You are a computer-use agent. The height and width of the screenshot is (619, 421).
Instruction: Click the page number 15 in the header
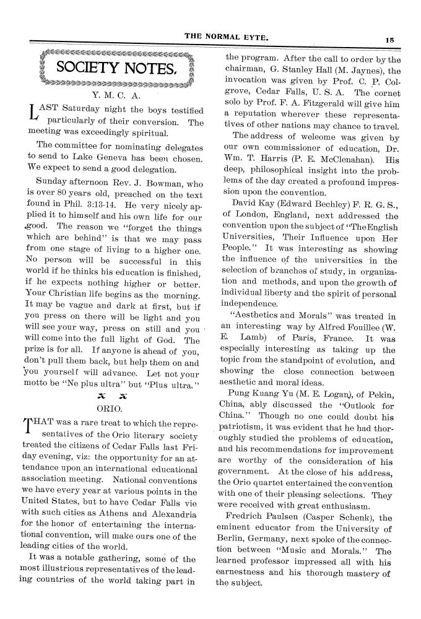coord(389,39)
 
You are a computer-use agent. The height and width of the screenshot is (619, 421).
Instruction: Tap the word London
coord(250,214)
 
